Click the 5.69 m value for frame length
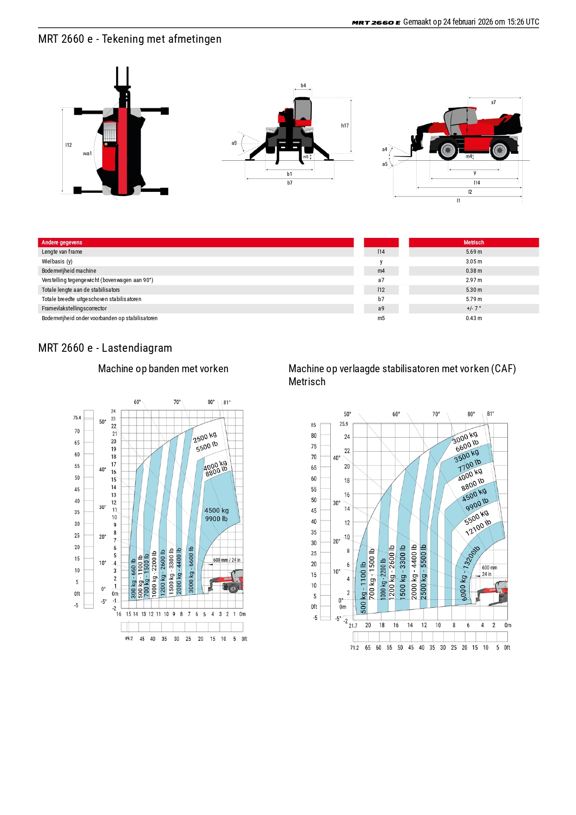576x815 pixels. pyautogui.click(x=473, y=252)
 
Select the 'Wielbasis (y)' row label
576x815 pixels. pyautogui.click(x=57, y=262)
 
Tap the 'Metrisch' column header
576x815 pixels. pyautogui.click(x=473, y=243)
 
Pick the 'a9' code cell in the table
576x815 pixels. pyautogui.click(x=381, y=309)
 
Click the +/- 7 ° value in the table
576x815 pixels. pyautogui.click(x=473, y=309)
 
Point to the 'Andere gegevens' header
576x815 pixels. pyautogui.click(x=62, y=243)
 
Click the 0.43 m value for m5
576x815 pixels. pyautogui.click(x=473, y=318)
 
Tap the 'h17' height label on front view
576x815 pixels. pyautogui.click(x=345, y=126)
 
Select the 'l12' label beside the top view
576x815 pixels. pyautogui.click(x=69, y=145)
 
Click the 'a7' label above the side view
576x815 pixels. pyautogui.click(x=493, y=102)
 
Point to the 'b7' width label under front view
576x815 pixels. pyautogui.click(x=290, y=183)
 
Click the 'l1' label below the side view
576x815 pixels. pyautogui.click(x=458, y=201)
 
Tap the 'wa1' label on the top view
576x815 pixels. pyautogui.click(x=87, y=154)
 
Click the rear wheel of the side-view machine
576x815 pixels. pyautogui.click(x=500, y=150)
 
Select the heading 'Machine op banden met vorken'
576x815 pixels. pyautogui.click(x=163, y=369)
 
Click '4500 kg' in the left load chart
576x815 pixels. pyautogui.click(x=216, y=511)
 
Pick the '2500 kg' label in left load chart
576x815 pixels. pyautogui.click(x=205, y=438)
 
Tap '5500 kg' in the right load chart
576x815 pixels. pyautogui.click(x=477, y=517)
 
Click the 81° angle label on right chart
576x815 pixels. pyautogui.click(x=491, y=414)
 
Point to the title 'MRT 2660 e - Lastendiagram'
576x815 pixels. pyautogui.click(x=105, y=348)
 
